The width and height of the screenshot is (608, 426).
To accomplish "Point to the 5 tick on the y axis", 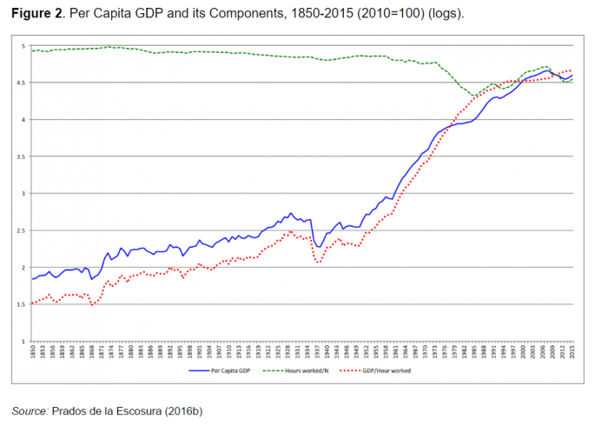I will tap(23, 46).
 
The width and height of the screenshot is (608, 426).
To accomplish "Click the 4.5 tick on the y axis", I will tap(21, 83).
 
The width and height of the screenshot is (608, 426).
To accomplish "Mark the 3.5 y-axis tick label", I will tap(21, 156).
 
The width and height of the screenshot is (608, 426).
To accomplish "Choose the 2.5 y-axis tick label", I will tap(21, 230).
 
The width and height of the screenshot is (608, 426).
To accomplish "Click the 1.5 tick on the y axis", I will tap(21, 304).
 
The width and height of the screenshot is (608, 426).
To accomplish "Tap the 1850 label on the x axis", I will tap(33, 350).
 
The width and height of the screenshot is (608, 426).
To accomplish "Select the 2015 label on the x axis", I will tap(572, 350).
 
